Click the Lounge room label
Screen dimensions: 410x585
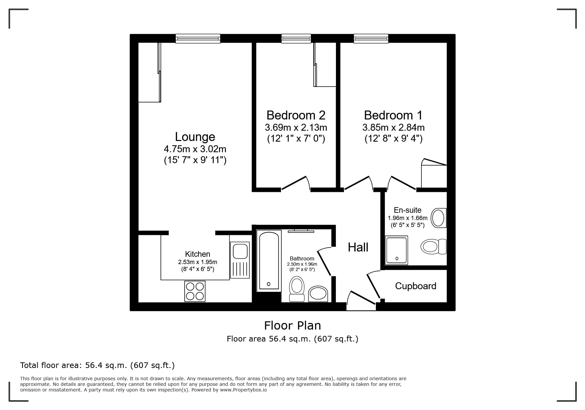(x=195, y=137)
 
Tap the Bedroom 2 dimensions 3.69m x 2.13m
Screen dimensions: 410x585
(x=296, y=127)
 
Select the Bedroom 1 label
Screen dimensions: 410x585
(x=393, y=115)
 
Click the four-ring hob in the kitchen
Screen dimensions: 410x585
(x=195, y=291)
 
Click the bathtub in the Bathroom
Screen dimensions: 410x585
(x=269, y=261)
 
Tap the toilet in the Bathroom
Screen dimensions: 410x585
(x=297, y=289)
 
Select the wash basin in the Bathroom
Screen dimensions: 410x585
(x=318, y=294)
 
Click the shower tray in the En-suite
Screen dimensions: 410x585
(x=397, y=250)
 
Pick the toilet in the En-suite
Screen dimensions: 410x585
(x=433, y=247)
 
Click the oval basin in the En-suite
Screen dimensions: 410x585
(x=438, y=218)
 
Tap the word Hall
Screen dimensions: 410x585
(x=358, y=247)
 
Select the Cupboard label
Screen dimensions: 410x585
(x=415, y=286)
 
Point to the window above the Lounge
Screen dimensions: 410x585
(x=198, y=39)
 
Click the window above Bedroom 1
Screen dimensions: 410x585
(x=371, y=39)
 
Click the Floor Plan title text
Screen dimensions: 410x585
(x=292, y=326)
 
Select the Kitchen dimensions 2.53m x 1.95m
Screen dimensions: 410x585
(x=198, y=262)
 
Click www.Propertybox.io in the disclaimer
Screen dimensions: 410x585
(x=243, y=390)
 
